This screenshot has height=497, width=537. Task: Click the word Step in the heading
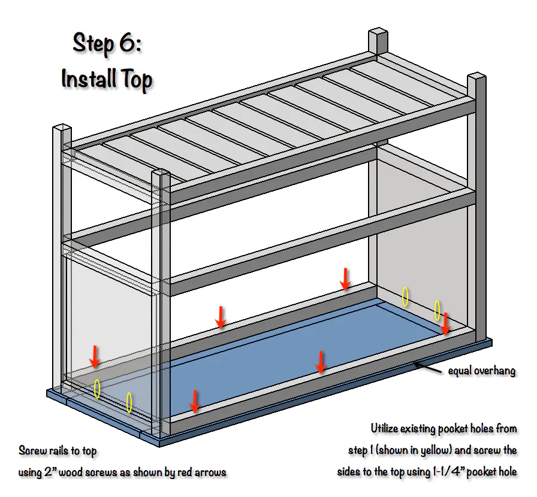[x=93, y=44]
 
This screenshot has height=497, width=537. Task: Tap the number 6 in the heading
[x=128, y=43]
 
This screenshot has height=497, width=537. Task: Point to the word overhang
[x=495, y=371]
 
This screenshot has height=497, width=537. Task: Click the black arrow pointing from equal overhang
[x=427, y=368]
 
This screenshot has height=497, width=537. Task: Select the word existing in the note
[x=418, y=429]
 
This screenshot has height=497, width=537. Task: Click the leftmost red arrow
[x=95, y=356]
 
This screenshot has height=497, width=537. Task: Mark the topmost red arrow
[x=345, y=279]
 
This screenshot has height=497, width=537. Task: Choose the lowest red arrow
[x=195, y=401]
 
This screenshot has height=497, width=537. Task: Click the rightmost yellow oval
[x=438, y=310]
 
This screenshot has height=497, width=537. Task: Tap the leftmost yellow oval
[x=97, y=389]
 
